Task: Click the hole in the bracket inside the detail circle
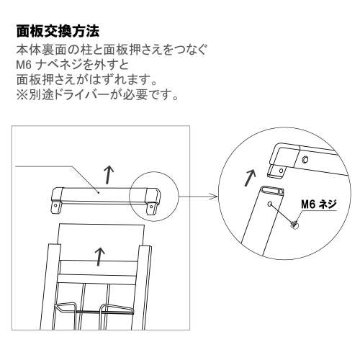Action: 305,160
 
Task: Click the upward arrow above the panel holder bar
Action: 108,173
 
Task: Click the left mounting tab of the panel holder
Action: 53,207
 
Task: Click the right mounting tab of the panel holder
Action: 152,207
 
